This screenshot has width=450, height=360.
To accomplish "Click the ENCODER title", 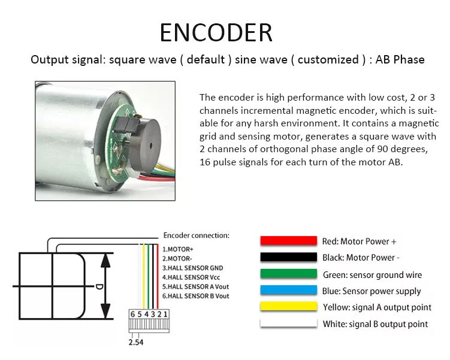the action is (x=216, y=32).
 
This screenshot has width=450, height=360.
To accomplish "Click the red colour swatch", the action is (x=288, y=241).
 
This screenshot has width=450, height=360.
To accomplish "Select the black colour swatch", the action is (x=288, y=257).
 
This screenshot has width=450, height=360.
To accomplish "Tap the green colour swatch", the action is (x=288, y=274).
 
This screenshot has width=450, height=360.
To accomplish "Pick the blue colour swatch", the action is (x=288, y=290).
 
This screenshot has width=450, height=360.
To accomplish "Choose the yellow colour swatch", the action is (x=288, y=306).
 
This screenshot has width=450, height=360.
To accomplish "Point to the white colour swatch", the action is (x=288, y=323).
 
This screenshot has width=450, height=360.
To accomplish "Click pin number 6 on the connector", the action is (x=132, y=314).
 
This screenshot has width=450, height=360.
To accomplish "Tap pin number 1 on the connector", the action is (x=165, y=314).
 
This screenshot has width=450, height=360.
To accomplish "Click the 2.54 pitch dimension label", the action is (x=136, y=342).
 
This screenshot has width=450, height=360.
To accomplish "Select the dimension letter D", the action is (x=99, y=286).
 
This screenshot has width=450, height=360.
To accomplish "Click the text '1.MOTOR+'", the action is (x=177, y=249).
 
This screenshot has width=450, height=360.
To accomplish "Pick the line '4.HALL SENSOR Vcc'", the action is (x=191, y=277).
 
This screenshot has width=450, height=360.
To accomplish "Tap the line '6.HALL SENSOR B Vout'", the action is (x=196, y=296).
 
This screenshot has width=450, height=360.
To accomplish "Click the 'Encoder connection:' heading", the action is (x=197, y=235).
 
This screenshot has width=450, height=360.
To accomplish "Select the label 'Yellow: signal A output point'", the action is (x=377, y=307).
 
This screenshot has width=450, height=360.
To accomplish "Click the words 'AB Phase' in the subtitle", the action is (x=400, y=59).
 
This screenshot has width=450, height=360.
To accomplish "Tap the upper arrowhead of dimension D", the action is (x=105, y=261).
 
